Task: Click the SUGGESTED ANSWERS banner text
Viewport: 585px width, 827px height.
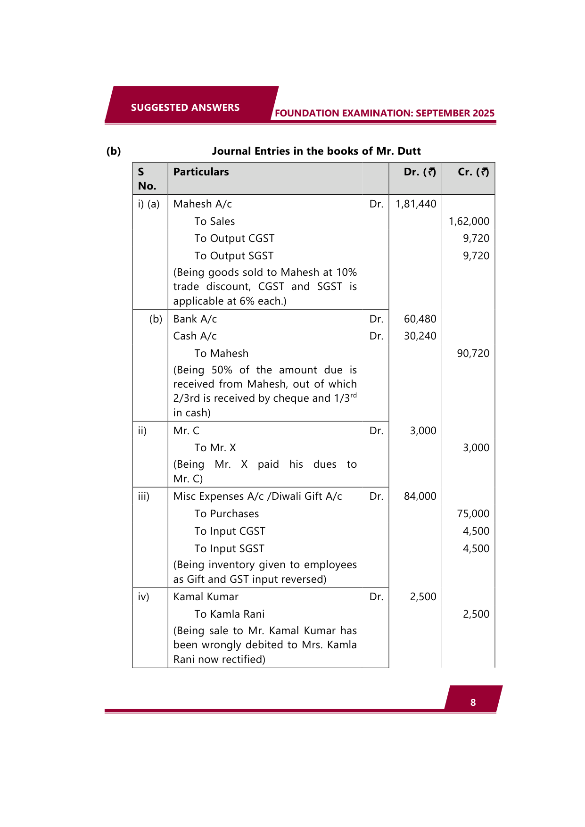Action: (x=185, y=108)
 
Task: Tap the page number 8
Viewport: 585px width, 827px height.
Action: (x=473, y=703)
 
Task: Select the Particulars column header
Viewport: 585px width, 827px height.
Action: (x=201, y=172)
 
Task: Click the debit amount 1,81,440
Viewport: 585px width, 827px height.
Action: (x=416, y=204)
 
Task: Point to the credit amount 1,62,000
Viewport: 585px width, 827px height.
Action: (x=469, y=222)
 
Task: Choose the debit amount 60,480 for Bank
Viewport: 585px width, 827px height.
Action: (x=420, y=319)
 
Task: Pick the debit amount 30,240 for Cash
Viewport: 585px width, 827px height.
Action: (x=420, y=336)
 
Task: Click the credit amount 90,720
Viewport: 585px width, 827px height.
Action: (x=473, y=354)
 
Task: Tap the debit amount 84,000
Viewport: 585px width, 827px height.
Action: (x=420, y=496)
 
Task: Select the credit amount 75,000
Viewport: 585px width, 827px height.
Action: (x=473, y=514)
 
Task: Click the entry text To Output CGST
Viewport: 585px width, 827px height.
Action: (x=234, y=239)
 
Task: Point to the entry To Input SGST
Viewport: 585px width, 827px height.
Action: (x=229, y=549)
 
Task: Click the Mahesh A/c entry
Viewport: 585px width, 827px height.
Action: (x=203, y=204)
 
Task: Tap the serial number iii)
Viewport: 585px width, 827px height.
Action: (x=144, y=496)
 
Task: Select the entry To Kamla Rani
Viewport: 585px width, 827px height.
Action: (x=229, y=614)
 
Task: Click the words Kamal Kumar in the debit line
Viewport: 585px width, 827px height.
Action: (x=206, y=597)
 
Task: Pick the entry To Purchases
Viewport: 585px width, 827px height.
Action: (x=226, y=514)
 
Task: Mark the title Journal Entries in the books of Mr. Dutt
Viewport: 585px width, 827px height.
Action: (x=316, y=151)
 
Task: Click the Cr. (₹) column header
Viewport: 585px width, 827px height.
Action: (x=473, y=172)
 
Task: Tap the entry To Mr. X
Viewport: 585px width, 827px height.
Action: (x=215, y=448)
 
